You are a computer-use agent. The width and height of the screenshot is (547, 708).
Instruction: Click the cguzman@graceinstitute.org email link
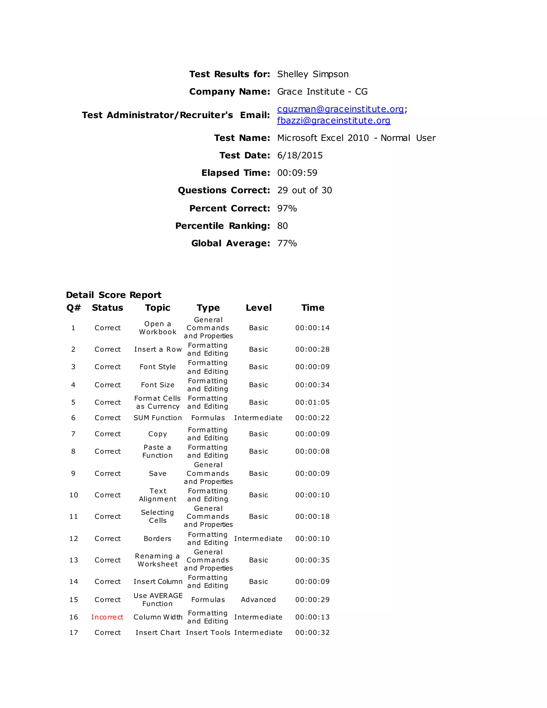click(340, 109)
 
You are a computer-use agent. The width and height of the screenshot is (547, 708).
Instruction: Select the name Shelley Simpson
click(313, 74)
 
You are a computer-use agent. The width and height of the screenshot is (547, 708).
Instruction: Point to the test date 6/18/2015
click(300, 155)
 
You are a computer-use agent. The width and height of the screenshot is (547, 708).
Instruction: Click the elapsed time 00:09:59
click(297, 173)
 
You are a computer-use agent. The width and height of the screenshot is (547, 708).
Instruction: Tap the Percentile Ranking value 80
click(282, 226)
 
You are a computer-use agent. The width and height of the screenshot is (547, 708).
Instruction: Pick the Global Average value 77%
click(287, 243)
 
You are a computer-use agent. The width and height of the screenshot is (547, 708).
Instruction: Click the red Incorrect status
click(107, 617)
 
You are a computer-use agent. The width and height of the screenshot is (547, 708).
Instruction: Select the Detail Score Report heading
click(114, 295)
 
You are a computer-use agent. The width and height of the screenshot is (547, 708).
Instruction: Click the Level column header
click(259, 308)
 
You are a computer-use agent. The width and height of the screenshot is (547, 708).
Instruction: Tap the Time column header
click(313, 308)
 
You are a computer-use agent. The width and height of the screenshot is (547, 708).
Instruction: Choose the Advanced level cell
click(258, 600)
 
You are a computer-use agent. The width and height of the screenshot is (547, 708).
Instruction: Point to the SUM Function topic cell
click(158, 418)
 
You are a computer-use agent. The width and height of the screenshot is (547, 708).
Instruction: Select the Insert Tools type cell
click(208, 632)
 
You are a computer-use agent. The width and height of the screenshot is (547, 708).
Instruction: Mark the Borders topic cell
click(158, 538)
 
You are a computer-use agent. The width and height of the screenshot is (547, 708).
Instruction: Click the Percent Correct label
click(229, 208)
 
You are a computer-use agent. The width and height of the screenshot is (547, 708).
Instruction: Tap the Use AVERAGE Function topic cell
click(158, 600)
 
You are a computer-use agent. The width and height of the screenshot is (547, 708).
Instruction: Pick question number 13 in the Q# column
click(73, 560)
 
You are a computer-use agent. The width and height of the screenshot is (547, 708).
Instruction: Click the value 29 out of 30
click(304, 190)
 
